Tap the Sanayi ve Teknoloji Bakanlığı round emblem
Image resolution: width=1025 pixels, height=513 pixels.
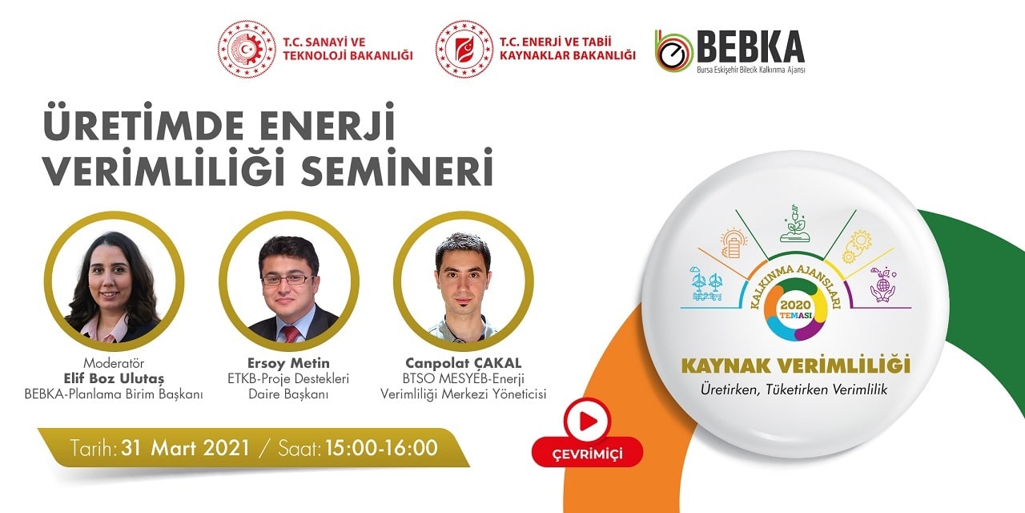click(x=247, y=49)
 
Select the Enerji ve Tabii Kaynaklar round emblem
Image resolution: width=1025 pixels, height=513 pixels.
click(x=464, y=49)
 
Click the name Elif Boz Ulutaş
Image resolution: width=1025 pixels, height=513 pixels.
click(x=114, y=378)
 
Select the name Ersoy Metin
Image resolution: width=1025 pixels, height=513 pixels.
click(x=288, y=363)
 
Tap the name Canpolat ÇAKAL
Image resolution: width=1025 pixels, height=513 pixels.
click(x=463, y=363)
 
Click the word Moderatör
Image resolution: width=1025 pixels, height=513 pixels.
click(x=114, y=363)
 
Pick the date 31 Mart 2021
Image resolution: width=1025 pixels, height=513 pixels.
click(x=185, y=447)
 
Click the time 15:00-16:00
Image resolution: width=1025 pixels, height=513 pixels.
click(x=382, y=447)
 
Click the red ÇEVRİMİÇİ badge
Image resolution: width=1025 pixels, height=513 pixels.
click(x=587, y=454)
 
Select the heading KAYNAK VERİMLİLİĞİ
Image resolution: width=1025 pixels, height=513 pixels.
click(x=796, y=366)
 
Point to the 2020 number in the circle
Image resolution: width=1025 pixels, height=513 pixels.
click(x=796, y=305)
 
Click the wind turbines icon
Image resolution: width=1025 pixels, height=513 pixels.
click(x=706, y=284)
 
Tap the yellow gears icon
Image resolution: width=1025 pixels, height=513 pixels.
click(x=857, y=246)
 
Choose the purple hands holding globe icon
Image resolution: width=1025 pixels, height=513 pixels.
click(x=882, y=285)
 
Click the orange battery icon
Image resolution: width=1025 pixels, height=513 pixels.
click(x=734, y=243)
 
